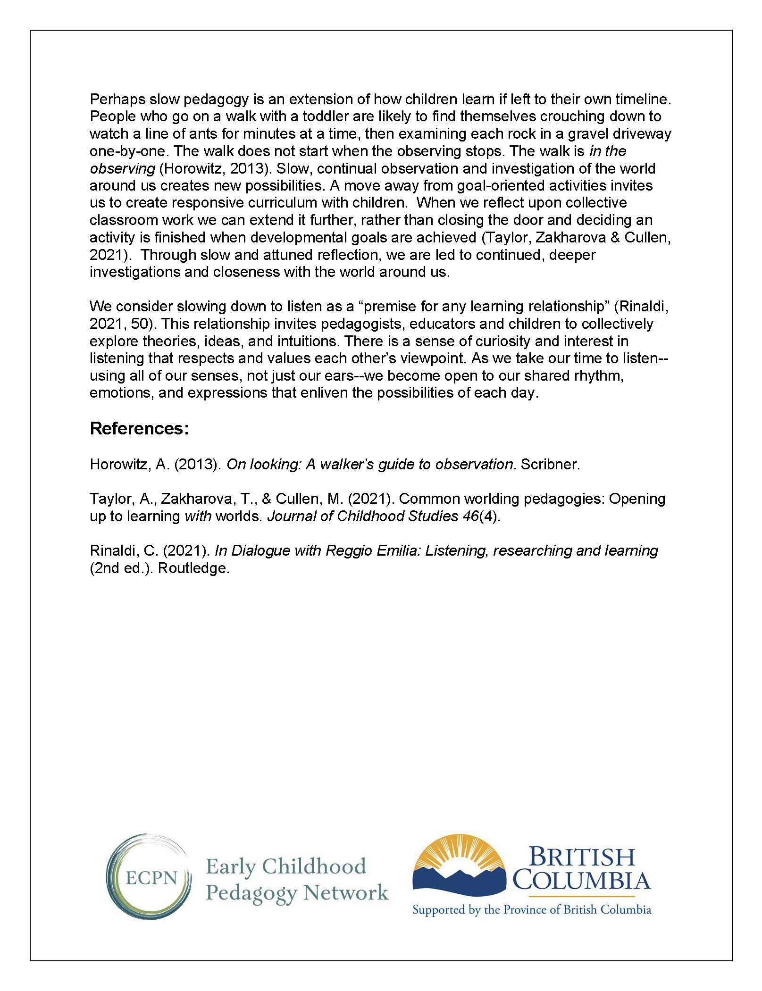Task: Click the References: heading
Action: [139, 428]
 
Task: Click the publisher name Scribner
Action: [550, 464]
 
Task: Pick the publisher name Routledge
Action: [193, 568]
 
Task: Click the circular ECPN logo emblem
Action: [149, 877]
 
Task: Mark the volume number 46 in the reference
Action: [470, 516]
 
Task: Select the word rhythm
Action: [598, 376]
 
